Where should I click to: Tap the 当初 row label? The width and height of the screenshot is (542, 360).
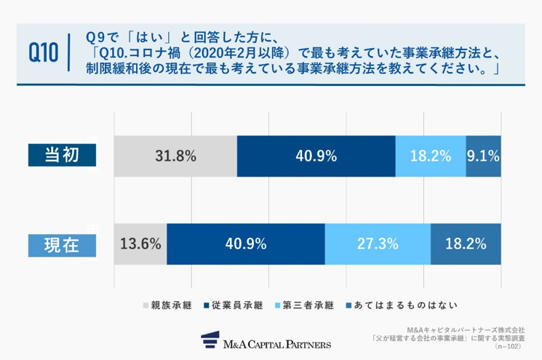62,155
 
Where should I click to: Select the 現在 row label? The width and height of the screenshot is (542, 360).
62,244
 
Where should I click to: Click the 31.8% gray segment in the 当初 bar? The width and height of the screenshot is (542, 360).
175,156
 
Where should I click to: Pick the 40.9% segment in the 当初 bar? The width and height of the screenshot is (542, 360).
316,156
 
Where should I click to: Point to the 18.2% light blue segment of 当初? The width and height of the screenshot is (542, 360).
430,156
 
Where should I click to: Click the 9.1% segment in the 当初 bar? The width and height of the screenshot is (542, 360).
484,156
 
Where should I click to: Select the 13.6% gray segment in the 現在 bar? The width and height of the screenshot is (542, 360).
140,244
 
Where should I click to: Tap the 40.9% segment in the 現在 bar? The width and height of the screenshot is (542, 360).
246,244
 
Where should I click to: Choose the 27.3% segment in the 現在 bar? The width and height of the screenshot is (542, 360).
378,244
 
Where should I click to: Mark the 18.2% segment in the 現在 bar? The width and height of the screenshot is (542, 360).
466,244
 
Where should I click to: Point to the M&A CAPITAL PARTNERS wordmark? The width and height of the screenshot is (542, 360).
279,343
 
